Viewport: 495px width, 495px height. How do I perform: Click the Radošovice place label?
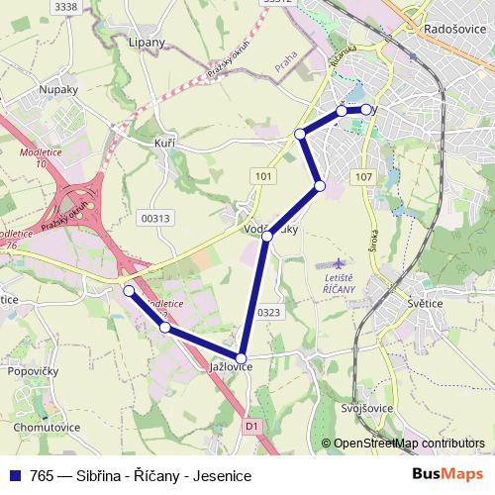point(451,31)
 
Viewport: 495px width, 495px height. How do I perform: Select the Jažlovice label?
point(231,366)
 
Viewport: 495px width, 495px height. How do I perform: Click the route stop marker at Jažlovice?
point(241,357)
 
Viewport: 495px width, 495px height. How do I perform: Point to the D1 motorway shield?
point(251,426)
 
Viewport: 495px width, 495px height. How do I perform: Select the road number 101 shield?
point(261,175)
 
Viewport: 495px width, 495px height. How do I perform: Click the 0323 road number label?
point(269,312)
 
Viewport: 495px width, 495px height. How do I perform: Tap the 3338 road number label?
point(65,7)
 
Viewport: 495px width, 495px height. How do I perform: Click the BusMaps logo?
point(447,475)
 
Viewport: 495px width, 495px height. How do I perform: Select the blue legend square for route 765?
point(15,476)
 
